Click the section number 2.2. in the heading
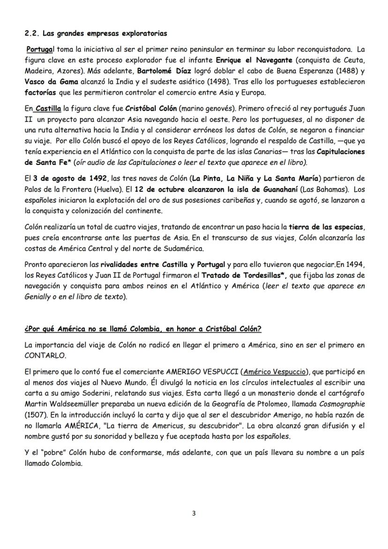coord(32,34)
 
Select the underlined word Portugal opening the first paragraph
coord(39,49)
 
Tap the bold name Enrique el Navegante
coord(254,60)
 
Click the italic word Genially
coord(39,297)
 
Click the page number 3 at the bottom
coord(194,513)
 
